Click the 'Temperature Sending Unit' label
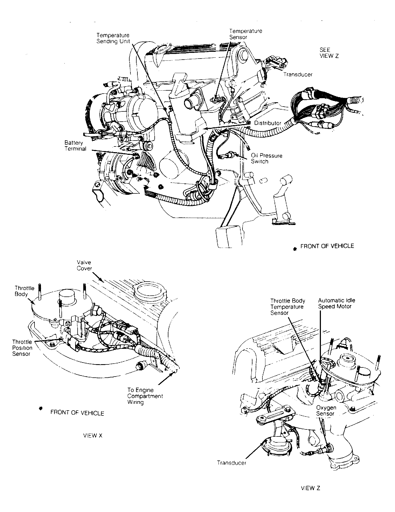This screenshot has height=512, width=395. point(113,38)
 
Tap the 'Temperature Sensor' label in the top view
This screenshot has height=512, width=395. point(245,34)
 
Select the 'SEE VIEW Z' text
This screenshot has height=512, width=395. point(329,53)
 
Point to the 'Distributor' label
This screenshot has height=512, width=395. point(268,123)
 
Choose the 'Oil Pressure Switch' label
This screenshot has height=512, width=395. point(266,159)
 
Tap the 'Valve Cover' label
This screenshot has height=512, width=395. point(84,265)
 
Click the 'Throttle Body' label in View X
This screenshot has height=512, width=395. point(25,291)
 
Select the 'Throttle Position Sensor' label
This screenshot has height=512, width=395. point(22,348)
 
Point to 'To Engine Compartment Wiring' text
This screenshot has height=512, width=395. point(145,396)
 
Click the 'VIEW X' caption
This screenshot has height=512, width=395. point(93,435)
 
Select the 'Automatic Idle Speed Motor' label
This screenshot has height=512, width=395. point(336,303)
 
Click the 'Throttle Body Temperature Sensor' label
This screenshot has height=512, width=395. point(287,307)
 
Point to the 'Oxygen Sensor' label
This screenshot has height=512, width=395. point(326,411)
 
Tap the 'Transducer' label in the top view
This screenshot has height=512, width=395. point(298,74)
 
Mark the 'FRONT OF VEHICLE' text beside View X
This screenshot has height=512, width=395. point(77,413)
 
